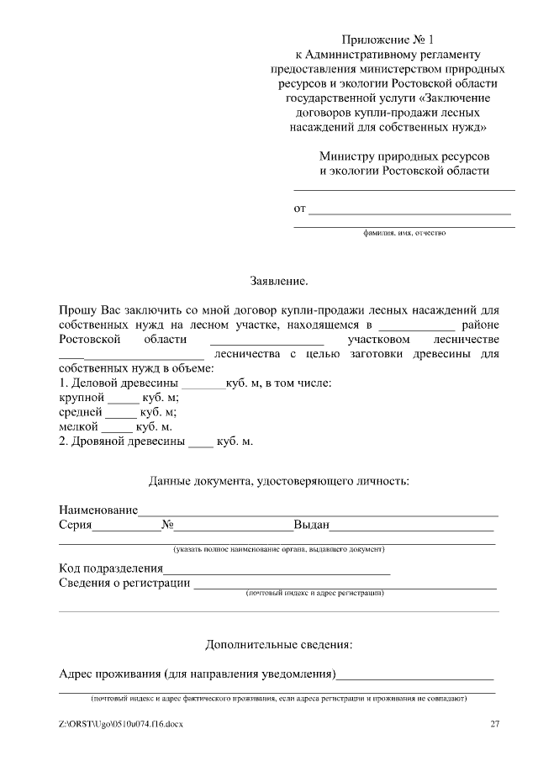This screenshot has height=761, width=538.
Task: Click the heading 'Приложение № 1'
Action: point(389,40)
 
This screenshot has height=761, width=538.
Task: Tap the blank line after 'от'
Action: point(411,210)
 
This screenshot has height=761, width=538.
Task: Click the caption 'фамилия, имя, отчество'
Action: point(403,233)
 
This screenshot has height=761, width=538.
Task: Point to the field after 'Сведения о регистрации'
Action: point(345,587)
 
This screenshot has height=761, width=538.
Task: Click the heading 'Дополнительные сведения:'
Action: point(279,645)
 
